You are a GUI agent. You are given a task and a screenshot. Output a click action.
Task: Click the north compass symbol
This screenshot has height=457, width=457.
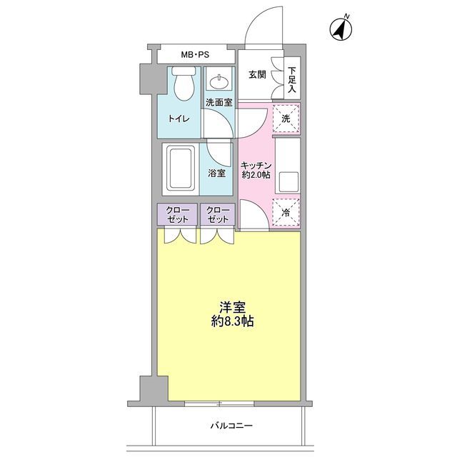tap(341, 29)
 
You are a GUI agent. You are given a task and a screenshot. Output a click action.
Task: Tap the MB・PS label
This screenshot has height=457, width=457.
tap(195, 55)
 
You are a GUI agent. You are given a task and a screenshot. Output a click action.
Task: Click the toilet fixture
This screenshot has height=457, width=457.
tap(184, 84)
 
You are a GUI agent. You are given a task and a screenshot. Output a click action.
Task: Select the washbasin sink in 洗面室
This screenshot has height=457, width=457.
tap(219, 82)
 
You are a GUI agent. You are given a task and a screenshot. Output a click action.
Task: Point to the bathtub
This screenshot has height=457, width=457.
tap(181, 169)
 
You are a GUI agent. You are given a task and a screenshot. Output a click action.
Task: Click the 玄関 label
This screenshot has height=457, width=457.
tap(258, 75)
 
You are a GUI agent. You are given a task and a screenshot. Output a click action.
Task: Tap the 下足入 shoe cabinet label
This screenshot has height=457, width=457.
tap(292, 80)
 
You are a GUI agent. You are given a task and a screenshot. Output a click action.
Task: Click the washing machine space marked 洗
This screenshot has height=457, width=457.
tap(286, 119)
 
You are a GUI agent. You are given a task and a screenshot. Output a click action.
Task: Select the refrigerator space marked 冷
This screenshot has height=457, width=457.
tap(286, 213)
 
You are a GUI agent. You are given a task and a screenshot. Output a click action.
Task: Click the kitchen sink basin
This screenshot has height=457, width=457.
tap(288, 182)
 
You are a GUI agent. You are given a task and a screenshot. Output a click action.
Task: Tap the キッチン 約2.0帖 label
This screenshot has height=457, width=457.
tap(256, 170)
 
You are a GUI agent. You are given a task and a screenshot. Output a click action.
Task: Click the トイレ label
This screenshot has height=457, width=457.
tap(179, 119)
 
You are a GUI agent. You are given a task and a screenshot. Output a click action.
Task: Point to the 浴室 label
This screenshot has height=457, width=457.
tap(217, 174)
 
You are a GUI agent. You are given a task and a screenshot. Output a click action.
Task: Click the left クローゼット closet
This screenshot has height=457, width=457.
tap(178, 214)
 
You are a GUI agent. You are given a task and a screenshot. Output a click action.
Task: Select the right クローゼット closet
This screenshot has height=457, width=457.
tap(217, 214)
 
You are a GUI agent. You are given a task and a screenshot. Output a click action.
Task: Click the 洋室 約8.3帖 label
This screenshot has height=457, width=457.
tap(232, 314)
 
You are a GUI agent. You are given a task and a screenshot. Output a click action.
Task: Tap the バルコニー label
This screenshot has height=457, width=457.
tap(231, 426)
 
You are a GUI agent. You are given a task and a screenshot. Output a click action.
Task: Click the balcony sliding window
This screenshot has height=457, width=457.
tap(219, 403)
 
